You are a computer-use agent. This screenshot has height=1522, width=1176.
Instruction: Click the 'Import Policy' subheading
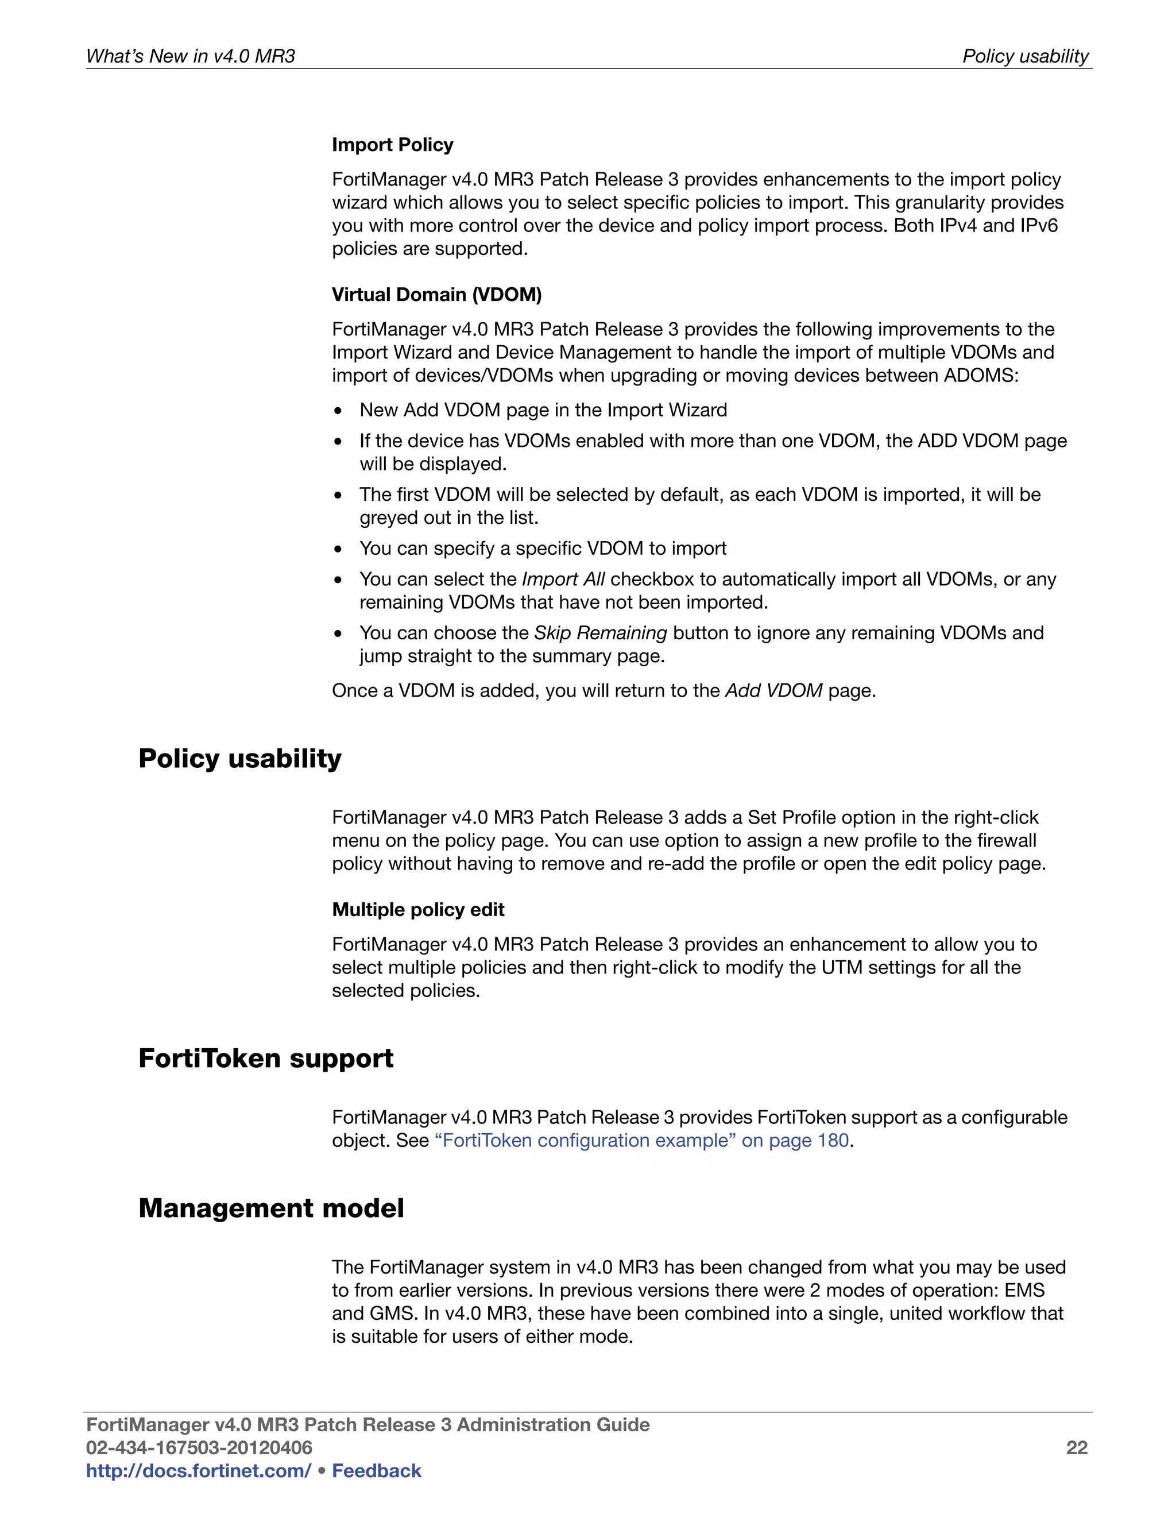click(392, 144)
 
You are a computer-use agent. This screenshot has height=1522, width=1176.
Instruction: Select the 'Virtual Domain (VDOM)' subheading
click(436, 294)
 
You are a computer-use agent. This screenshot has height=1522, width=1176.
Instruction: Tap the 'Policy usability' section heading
click(239, 758)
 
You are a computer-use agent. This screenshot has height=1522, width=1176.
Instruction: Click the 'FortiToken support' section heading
click(265, 1058)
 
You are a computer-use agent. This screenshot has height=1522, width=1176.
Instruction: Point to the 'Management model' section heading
click(271, 1208)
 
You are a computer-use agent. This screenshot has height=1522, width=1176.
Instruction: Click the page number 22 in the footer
click(1077, 1447)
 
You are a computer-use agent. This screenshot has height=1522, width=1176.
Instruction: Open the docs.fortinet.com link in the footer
click(199, 1470)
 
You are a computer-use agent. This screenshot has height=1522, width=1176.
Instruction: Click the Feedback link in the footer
click(376, 1470)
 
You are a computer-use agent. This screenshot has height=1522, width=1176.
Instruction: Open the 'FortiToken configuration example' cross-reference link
click(641, 1140)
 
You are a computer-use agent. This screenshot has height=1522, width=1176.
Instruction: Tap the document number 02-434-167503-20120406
click(199, 1447)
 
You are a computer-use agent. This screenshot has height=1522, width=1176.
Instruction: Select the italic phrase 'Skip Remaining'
click(601, 633)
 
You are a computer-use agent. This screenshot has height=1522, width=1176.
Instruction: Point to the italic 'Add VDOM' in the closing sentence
click(773, 690)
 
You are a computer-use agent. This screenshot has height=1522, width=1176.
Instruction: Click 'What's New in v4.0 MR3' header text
click(190, 56)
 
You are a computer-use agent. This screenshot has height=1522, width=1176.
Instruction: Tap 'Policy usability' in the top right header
click(1025, 56)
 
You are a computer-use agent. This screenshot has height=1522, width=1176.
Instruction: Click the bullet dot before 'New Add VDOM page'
click(338, 411)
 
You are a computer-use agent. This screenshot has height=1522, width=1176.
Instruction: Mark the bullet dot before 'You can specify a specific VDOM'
click(338, 550)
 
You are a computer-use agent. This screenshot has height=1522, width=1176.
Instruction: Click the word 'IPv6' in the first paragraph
click(1039, 226)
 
